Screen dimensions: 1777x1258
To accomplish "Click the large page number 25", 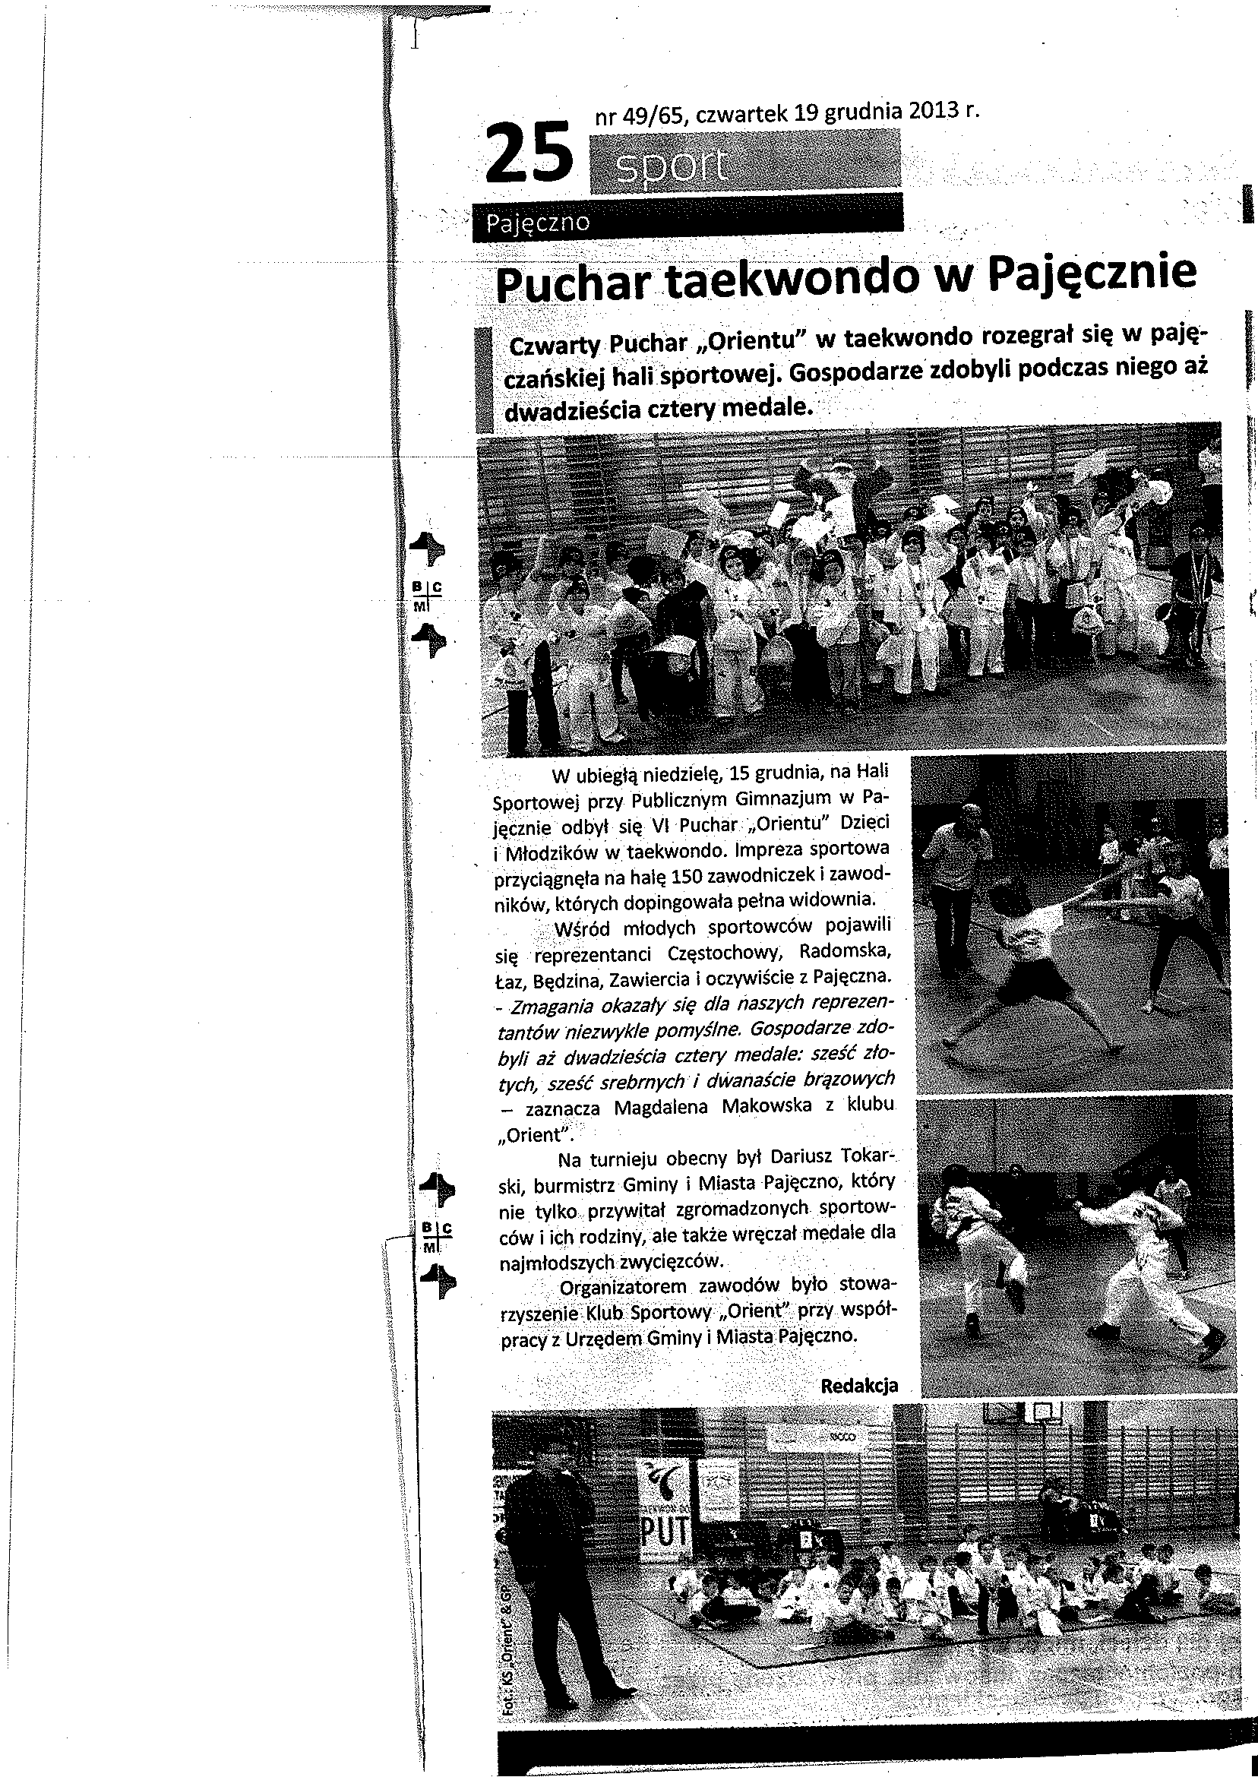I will point(529,153).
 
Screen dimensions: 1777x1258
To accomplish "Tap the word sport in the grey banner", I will point(672,166).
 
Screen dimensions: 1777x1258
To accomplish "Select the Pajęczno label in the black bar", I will point(538,223).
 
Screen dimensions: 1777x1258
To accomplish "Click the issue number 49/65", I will point(656,115).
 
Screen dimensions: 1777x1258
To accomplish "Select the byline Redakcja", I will point(859,1386).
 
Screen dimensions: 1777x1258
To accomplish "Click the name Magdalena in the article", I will point(660,1107).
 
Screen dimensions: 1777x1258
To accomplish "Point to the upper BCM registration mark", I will point(425,595).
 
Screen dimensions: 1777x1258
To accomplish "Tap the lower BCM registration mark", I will point(435,1237).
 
